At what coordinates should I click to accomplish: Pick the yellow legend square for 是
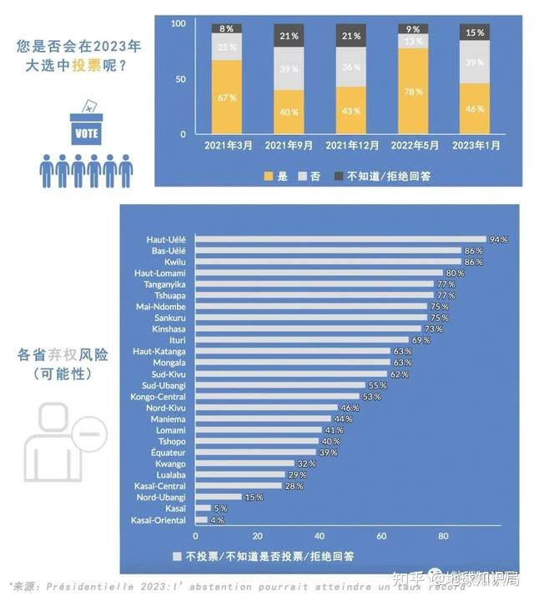(268, 176)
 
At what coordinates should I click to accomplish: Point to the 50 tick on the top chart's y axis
(179, 79)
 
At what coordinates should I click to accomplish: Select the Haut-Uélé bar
(340, 239)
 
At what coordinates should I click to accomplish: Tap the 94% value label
(499, 239)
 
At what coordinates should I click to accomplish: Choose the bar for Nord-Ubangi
(218, 498)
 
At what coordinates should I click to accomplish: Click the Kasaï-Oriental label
(159, 520)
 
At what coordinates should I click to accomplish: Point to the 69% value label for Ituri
(421, 340)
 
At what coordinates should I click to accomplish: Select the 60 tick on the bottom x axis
(382, 536)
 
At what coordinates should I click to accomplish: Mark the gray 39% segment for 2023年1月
(475, 62)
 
